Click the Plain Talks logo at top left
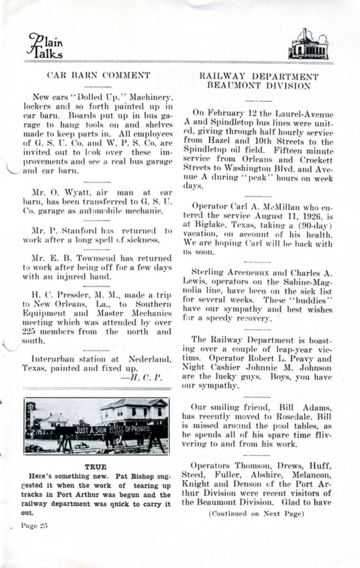point(45,45)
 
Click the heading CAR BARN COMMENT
point(99,75)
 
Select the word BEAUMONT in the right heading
point(231,86)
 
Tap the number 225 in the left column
point(30,331)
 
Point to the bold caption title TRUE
point(96,467)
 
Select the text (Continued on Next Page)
point(257,514)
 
